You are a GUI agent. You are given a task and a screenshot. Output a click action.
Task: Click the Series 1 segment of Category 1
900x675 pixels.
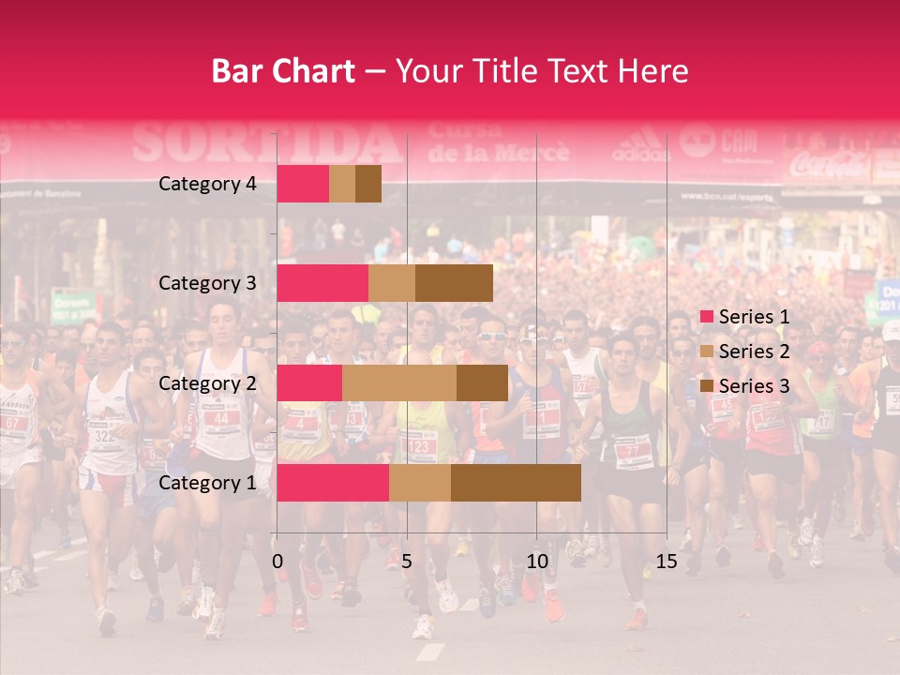coord(333,483)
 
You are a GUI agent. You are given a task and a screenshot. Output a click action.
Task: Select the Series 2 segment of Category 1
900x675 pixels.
coord(420,483)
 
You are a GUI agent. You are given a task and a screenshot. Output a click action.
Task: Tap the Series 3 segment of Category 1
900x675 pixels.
coord(516,483)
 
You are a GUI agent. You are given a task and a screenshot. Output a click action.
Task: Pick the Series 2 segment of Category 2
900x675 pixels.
coord(399,382)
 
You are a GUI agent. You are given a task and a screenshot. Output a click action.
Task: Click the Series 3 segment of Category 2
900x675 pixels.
coord(482,382)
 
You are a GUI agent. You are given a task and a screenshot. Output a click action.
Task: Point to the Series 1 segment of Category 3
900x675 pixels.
coord(322,283)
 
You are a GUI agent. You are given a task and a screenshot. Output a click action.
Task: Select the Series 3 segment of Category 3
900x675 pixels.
coord(454,283)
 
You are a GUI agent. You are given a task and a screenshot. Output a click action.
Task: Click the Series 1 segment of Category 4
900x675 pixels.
coord(303,184)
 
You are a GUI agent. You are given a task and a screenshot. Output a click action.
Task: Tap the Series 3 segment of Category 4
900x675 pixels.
coord(368,184)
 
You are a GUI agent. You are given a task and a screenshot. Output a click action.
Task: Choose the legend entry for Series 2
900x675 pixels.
coord(742,352)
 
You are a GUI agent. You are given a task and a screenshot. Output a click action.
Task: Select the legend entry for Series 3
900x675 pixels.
coord(742,385)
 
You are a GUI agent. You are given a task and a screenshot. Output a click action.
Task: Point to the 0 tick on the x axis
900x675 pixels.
coord(277,562)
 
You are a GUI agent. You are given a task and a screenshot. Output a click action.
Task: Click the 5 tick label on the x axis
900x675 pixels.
coord(407,562)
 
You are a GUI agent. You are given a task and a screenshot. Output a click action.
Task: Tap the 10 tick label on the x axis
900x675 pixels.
coord(536,562)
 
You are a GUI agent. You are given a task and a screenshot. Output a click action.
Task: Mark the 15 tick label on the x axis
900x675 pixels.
coord(666,562)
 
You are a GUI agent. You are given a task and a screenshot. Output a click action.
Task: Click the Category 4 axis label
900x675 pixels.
coord(207,184)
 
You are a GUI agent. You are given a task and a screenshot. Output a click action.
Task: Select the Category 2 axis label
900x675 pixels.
coord(207,382)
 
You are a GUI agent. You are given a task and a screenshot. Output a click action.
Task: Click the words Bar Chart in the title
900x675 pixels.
coord(283,71)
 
